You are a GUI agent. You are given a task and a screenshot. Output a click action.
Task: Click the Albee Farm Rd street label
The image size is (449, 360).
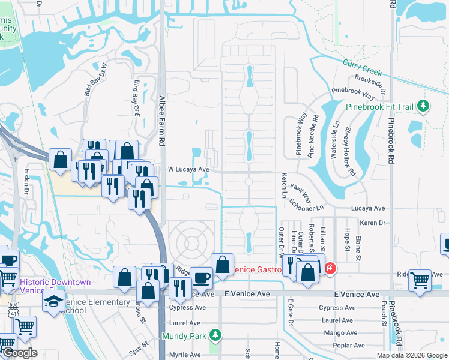click(161, 120)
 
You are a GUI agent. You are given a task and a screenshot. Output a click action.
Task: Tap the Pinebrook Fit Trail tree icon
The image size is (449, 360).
click(423, 106)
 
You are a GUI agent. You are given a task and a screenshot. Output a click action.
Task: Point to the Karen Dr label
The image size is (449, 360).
click(372, 223)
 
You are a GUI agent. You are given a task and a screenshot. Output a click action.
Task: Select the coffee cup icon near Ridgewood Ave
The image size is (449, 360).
click(202, 277)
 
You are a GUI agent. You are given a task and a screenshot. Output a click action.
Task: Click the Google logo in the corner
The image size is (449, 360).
click(19, 353)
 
